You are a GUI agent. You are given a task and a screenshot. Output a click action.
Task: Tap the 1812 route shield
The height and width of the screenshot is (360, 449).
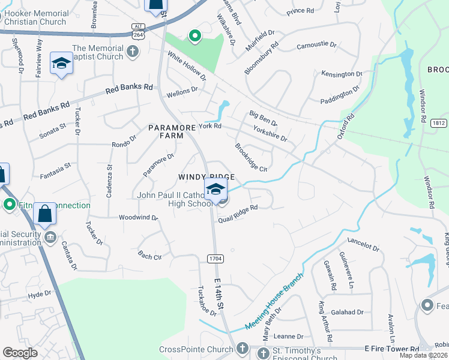pos(438,123)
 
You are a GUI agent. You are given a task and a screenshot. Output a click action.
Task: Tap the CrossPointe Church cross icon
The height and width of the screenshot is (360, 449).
pos(242,349)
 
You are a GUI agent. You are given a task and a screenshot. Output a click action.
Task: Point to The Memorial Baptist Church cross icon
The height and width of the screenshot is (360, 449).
pos(133,53)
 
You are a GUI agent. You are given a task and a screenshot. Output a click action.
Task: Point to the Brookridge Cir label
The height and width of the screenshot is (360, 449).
pos(251,157)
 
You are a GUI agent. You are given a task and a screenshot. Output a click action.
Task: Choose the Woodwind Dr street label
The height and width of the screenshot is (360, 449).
pos(138,217)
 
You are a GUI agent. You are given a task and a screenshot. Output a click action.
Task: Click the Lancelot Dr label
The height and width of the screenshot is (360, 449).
pos(361,242)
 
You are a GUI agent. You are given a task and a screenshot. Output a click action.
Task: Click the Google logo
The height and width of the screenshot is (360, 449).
pos(20,353)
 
